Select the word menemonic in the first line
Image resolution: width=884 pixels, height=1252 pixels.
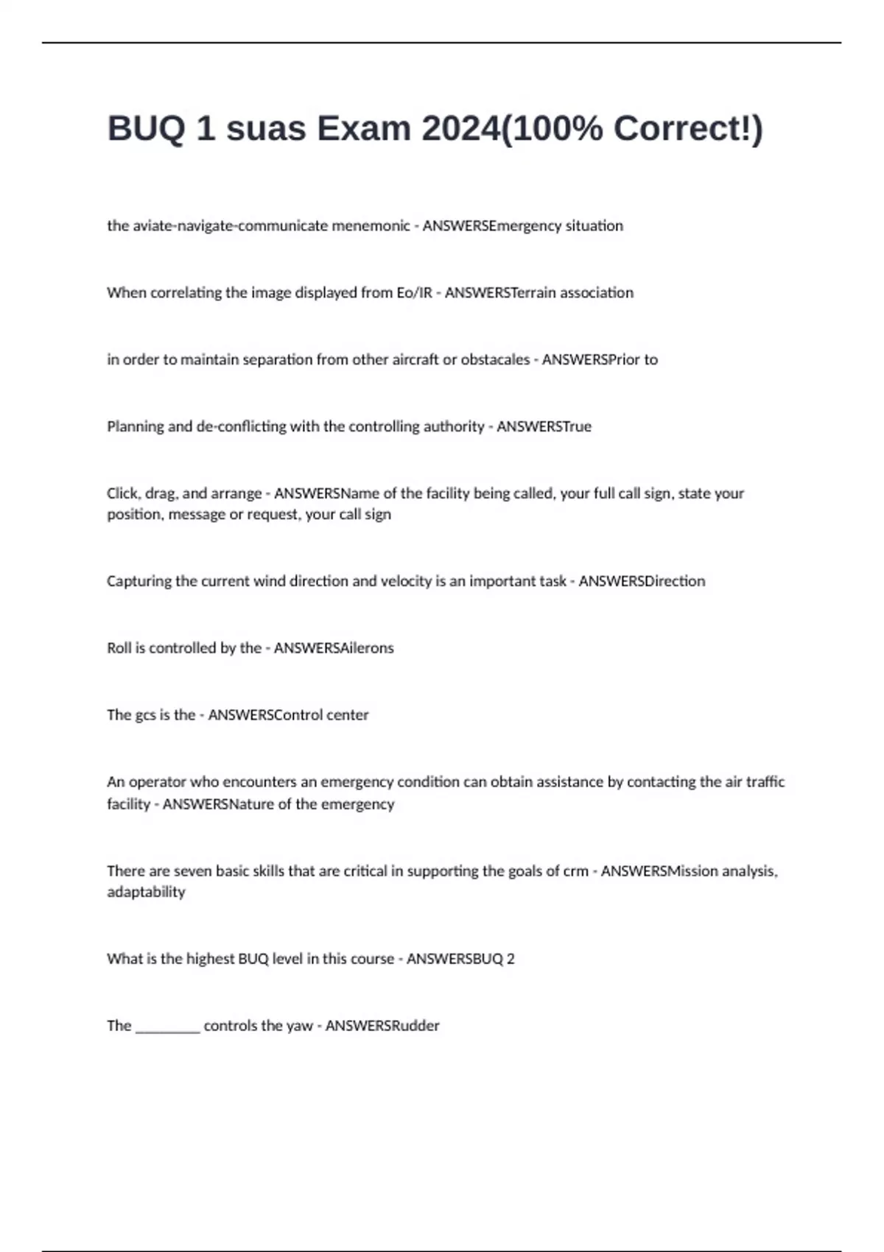click(x=371, y=226)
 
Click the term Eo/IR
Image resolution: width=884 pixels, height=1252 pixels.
click(x=415, y=293)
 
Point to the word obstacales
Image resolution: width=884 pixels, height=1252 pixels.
click(x=495, y=360)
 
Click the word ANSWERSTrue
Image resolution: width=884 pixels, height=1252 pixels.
click(x=544, y=427)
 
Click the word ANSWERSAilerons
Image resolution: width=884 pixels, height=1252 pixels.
click(x=334, y=648)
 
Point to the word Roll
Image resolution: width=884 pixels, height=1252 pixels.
click(x=119, y=648)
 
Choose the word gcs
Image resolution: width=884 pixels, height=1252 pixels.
click(x=145, y=715)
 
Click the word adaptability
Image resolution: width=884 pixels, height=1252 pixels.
click(x=146, y=892)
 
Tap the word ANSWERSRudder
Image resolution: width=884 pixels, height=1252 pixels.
click(x=382, y=1026)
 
